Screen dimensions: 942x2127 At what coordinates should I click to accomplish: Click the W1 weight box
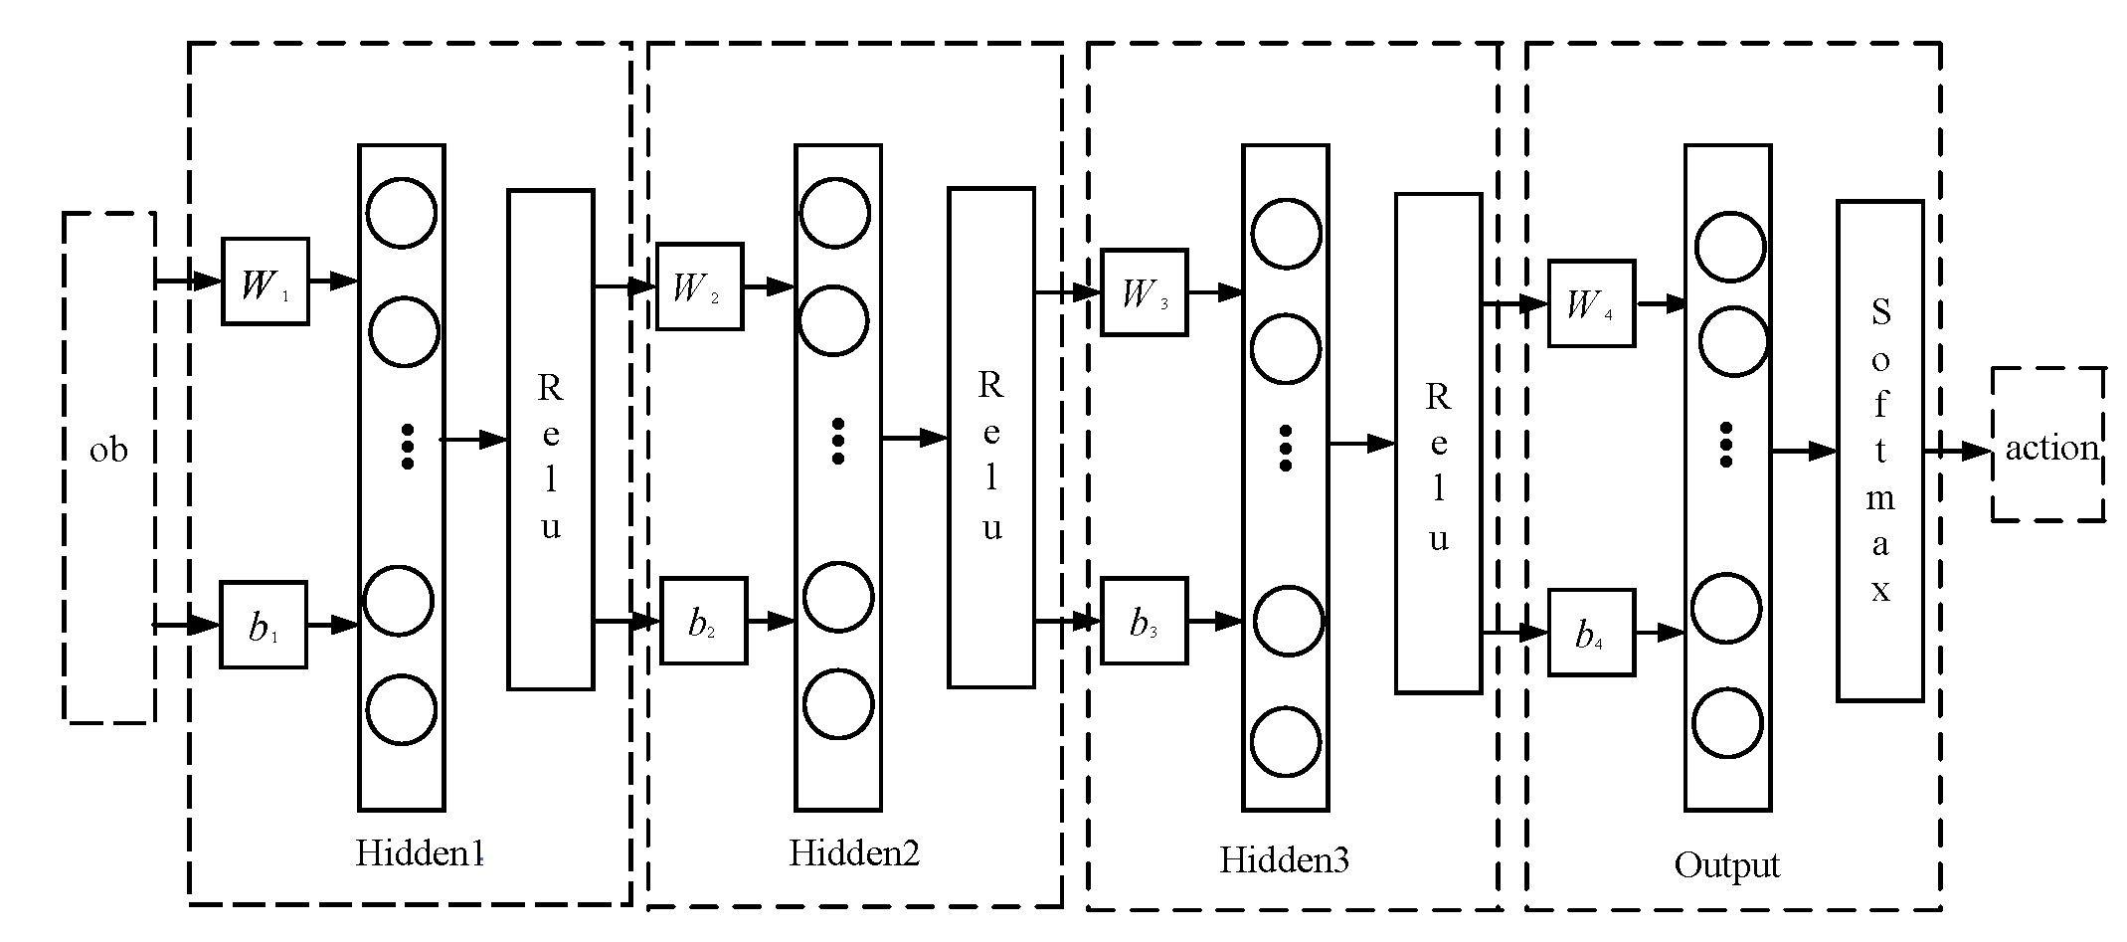point(265,282)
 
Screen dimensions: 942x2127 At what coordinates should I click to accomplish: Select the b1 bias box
point(263,625)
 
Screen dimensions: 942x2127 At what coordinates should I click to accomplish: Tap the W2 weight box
point(699,286)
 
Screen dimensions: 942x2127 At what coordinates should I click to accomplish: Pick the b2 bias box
point(703,621)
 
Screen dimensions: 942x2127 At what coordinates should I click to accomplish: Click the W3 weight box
point(1145,292)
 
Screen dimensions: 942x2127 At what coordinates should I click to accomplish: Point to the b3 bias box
point(1144,621)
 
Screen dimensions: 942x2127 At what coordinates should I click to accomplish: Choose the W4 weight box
point(1591,303)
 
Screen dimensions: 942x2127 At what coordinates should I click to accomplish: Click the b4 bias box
point(1591,633)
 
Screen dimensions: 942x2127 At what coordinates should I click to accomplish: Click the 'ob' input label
point(108,451)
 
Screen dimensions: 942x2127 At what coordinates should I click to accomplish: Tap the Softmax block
point(1879,451)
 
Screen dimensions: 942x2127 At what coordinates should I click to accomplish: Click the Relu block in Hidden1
point(551,440)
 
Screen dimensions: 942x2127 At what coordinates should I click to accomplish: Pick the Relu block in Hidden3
point(1438,443)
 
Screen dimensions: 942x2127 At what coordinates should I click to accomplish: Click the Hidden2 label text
point(854,852)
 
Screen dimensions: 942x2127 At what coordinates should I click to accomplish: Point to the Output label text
point(1726,864)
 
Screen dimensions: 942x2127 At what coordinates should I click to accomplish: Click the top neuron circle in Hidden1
point(402,212)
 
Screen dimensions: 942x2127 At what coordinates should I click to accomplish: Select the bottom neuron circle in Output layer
point(1727,722)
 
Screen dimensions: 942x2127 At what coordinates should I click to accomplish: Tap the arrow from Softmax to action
point(1957,451)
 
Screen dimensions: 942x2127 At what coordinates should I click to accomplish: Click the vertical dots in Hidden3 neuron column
point(1285,448)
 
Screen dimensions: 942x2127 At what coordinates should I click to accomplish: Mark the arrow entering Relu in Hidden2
point(915,437)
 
